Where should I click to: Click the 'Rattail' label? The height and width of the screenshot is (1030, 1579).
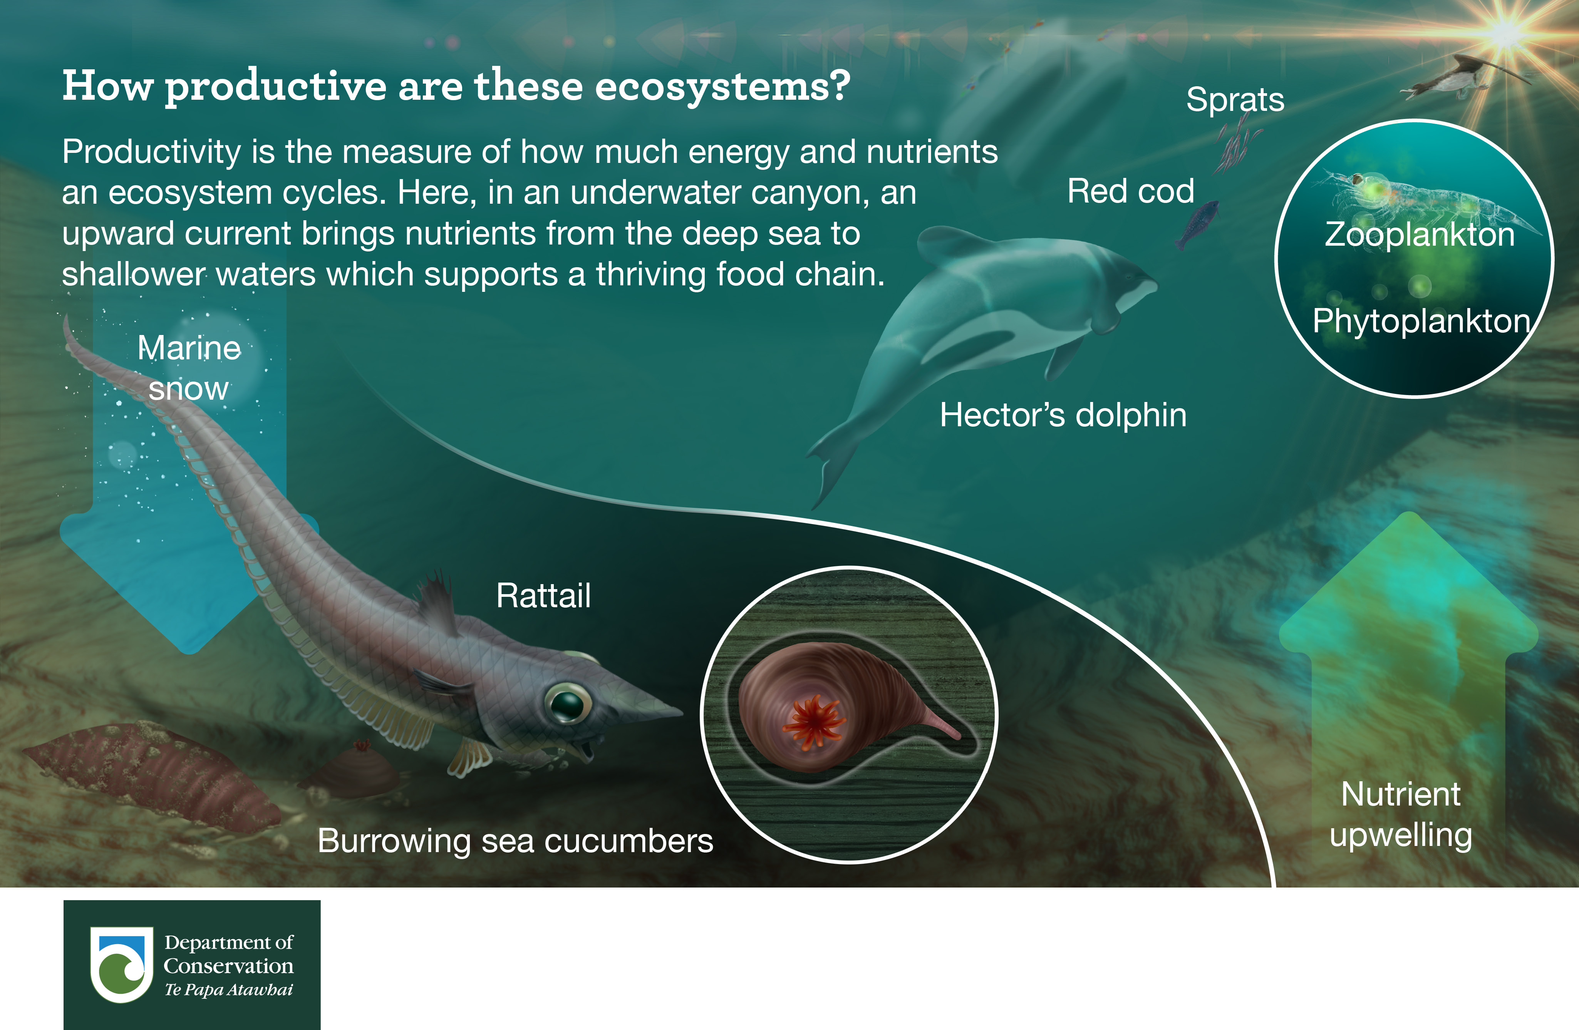(543, 596)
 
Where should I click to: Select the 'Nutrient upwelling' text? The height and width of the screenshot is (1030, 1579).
(1401, 814)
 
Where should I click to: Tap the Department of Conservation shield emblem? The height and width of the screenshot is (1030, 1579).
(121, 965)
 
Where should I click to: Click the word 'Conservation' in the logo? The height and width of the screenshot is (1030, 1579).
(229, 966)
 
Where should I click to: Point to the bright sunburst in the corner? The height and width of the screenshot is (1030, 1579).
(1506, 32)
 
